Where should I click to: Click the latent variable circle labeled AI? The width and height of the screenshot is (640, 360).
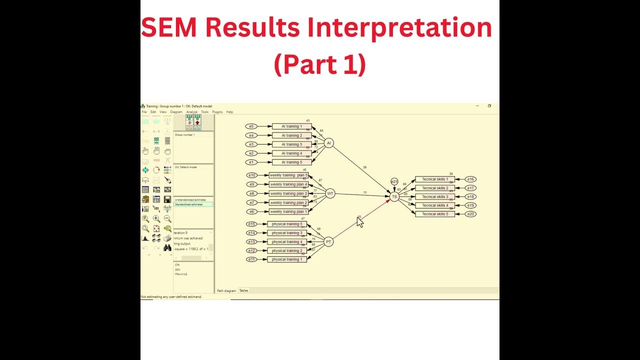coord(328,143)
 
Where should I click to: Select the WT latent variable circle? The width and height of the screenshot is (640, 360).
coord(329,193)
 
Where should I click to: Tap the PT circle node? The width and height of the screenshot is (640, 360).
coord(328,242)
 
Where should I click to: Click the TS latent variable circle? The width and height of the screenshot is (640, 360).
coord(394,197)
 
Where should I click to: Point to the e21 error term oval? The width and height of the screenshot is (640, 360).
coord(394,182)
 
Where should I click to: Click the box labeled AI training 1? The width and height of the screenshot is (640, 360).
coord(291,126)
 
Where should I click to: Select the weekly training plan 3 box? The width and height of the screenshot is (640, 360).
coord(288,193)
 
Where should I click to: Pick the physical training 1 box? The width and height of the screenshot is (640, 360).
coord(287,259)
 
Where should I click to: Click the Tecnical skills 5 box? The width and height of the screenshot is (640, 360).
coord(435,214)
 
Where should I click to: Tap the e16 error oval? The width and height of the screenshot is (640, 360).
coord(470,179)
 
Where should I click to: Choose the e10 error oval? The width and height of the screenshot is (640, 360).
coord(252,175)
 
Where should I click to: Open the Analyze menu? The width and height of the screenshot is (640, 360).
coord(191,112)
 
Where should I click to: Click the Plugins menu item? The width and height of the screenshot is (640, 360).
coord(217,112)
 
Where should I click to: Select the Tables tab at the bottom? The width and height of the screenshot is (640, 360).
coord(243,290)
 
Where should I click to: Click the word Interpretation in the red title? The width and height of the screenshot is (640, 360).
coord(400,27)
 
